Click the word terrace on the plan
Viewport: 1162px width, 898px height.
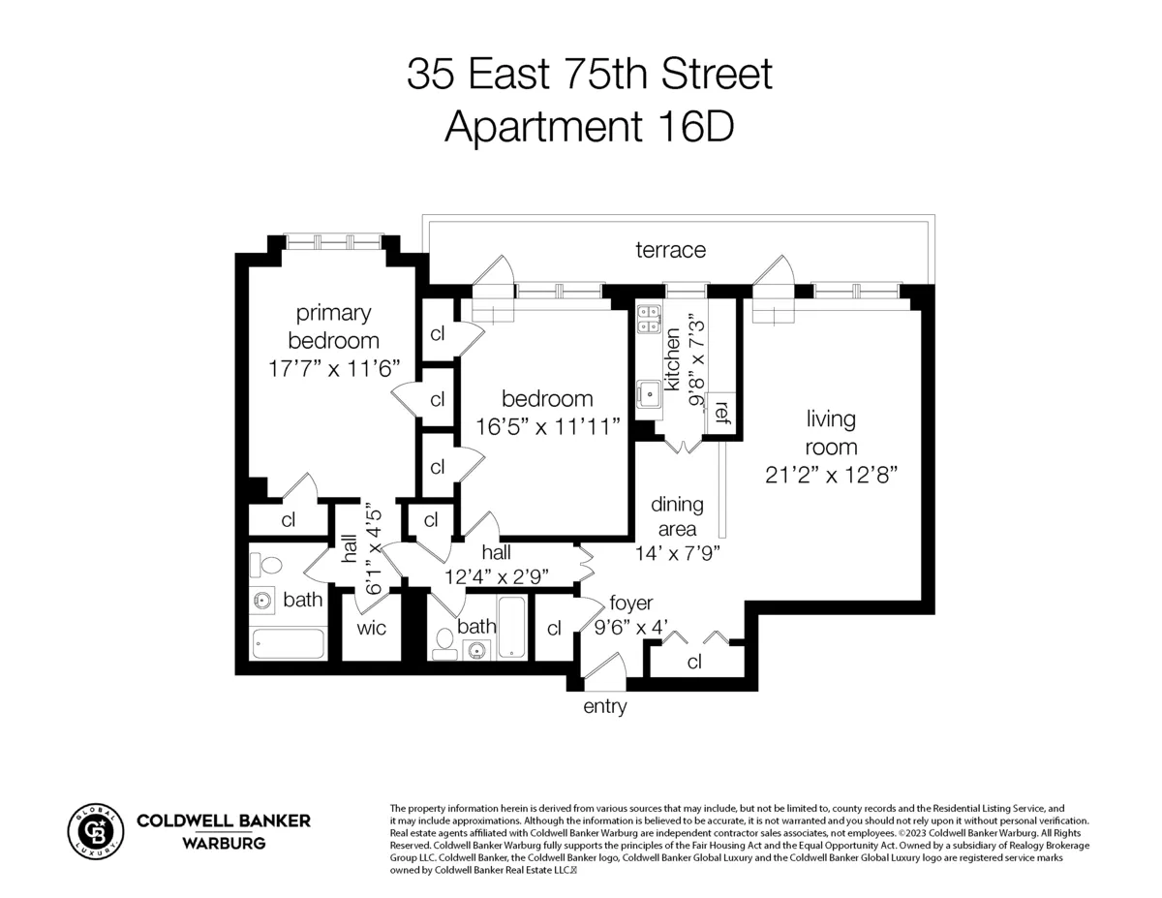tap(670, 250)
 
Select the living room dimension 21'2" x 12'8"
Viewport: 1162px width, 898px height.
tap(831, 475)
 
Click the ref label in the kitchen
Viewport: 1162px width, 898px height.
tap(720, 413)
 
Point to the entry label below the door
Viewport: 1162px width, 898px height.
tap(604, 707)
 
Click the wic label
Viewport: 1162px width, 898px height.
tap(371, 628)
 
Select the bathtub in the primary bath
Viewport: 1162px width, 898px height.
tap(288, 643)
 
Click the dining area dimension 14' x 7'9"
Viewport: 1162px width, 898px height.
tap(677, 553)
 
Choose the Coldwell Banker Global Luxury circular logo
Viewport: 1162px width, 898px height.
tap(95, 832)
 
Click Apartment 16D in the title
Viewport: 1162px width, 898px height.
tap(589, 127)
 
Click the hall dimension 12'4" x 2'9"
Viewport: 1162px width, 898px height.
tap(496, 575)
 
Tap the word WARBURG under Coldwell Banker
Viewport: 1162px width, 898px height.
tap(224, 843)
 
